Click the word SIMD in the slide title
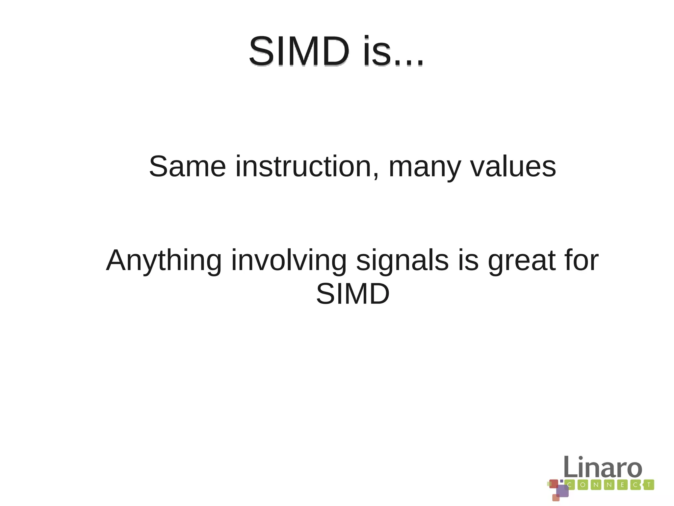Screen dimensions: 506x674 [299, 52]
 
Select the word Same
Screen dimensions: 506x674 [187, 166]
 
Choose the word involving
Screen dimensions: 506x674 [289, 261]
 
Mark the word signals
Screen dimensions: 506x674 [402, 261]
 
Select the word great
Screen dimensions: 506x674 [522, 261]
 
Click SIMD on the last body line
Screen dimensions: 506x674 [353, 294]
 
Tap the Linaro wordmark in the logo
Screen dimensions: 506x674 [603, 467]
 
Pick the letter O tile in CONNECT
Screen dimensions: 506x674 [583, 485]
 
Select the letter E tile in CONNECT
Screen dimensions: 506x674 [622, 485]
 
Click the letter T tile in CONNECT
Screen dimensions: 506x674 [649, 485]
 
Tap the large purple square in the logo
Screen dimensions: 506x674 [562, 491]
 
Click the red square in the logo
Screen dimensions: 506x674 [554, 484]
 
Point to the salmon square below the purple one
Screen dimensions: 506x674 [556, 498]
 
